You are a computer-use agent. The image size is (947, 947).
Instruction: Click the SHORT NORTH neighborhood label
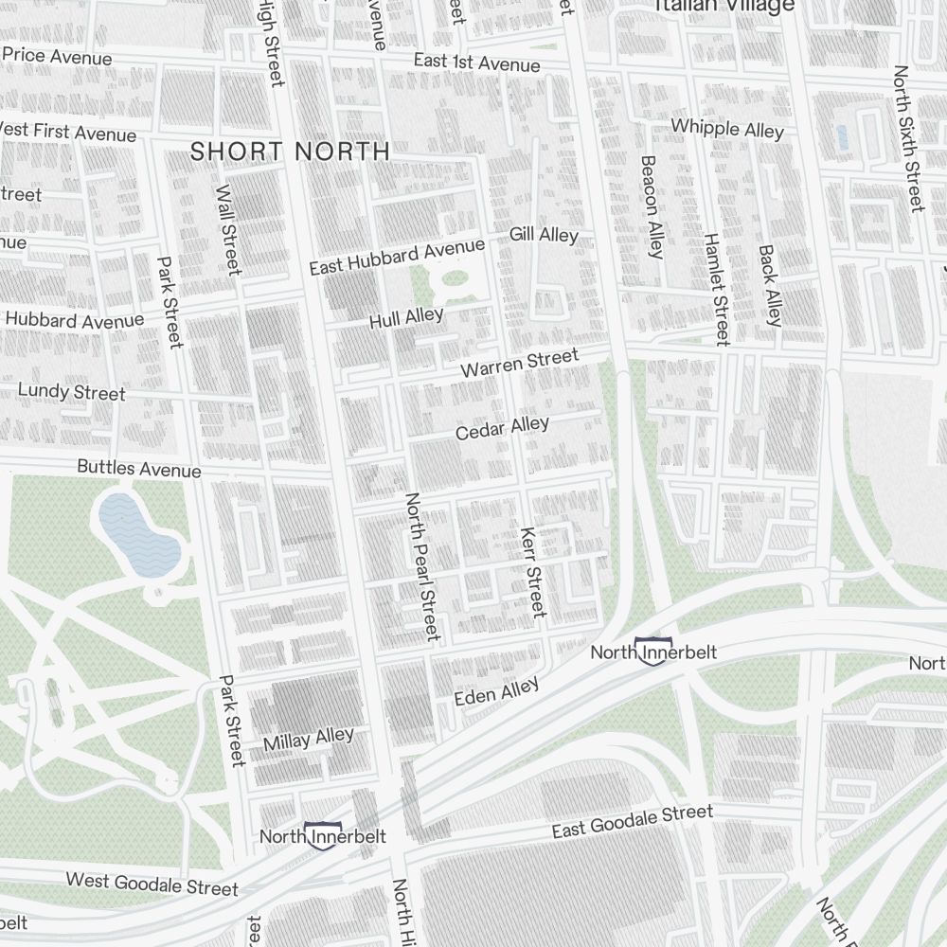point(290,151)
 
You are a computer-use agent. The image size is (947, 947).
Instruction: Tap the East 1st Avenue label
point(476,63)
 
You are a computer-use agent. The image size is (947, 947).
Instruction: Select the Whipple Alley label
point(727,128)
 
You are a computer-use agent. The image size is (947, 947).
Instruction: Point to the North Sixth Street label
point(907,139)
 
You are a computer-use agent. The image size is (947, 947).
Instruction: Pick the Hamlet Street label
point(716,288)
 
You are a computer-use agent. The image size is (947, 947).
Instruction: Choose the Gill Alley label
point(544,234)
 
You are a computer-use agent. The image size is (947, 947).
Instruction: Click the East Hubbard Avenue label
point(397,257)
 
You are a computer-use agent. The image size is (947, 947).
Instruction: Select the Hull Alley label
point(406,318)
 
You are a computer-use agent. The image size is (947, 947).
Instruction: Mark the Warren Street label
point(519,363)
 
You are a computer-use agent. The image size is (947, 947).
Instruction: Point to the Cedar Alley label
point(502,428)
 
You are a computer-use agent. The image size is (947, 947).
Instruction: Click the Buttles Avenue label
point(139,468)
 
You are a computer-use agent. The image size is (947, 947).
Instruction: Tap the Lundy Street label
point(72,391)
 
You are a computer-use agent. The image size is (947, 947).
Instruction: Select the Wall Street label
point(227,230)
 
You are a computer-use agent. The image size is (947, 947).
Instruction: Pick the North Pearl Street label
point(422,565)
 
